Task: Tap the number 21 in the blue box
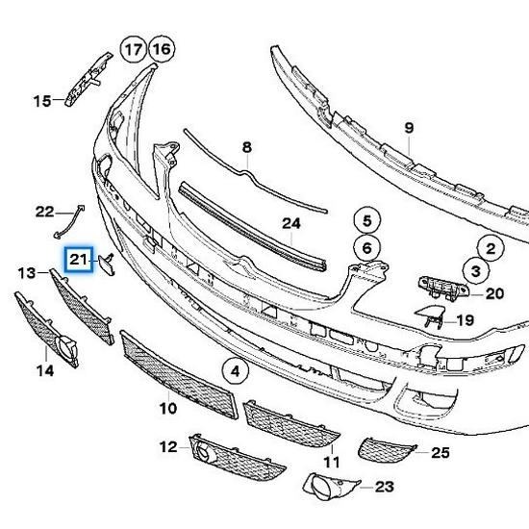tap(78, 260)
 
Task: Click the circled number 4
tap(233, 368)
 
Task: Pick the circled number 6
tap(365, 247)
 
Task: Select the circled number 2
tap(491, 249)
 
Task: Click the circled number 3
tap(474, 271)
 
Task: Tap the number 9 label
tap(408, 128)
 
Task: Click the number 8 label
tap(246, 147)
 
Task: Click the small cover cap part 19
tap(429, 317)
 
